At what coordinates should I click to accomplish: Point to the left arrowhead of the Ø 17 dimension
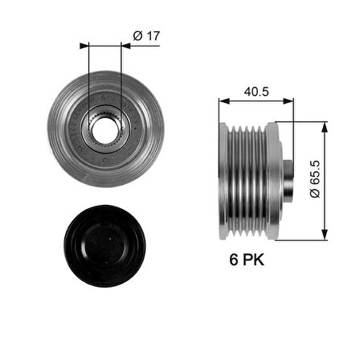(x=84, y=46)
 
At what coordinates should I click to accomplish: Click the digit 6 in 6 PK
(x=231, y=260)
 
